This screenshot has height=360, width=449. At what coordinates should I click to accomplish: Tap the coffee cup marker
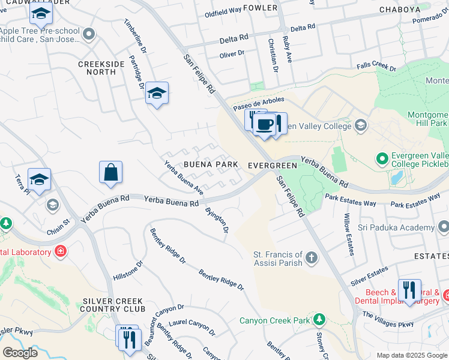tap(264, 124)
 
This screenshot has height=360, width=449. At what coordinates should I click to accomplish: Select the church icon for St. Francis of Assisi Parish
tap(311, 258)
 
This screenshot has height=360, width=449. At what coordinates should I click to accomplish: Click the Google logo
tap(19, 352)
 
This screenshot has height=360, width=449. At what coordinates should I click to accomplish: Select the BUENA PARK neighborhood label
tap(207, 165)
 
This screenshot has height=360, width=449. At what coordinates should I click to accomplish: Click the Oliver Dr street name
tap(232, 53)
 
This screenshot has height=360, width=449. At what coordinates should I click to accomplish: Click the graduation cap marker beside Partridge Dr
tap(157, 94)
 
